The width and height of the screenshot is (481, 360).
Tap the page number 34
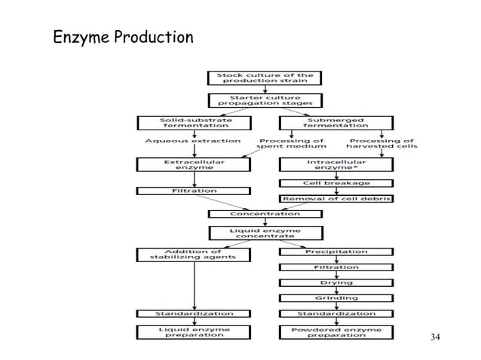point(435,335)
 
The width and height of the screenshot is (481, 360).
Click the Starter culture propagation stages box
point(265,100)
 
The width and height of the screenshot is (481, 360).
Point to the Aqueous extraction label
point(193,141)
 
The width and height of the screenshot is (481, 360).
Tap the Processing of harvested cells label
point(382,144)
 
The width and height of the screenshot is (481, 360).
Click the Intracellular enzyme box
point(335,164)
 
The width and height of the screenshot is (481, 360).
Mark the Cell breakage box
point(335,182)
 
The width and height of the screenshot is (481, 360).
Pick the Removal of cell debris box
point(335,198)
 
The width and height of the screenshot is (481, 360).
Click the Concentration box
point(265,214)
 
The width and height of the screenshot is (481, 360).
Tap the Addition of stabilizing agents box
point(195,254)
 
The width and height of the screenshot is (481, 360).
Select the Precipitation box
point(335,251)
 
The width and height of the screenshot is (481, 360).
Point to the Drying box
point(335,282)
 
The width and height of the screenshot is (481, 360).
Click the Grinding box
point(335,297)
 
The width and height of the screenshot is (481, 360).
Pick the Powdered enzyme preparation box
point(335,331)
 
